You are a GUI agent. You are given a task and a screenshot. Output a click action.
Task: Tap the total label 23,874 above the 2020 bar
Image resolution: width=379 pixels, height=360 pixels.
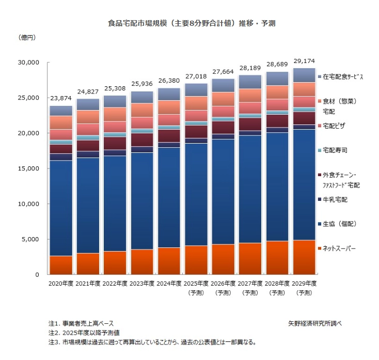point(60,99)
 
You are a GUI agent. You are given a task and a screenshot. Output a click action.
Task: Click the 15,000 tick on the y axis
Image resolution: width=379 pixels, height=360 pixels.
point(29,168)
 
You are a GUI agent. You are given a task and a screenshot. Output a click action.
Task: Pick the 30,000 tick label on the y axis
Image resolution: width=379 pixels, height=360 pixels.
point(29,62)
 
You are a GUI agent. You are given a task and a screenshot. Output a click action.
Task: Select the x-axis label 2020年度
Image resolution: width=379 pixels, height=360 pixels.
point(60,284)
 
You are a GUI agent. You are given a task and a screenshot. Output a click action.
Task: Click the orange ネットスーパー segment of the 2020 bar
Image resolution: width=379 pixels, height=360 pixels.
point(60,265)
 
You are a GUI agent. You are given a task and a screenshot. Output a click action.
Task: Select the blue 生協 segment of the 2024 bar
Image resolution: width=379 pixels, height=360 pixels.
point(168,196)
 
